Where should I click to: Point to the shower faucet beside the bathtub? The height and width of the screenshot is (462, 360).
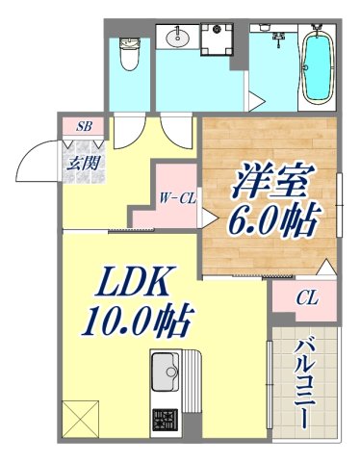(x=281, y=36)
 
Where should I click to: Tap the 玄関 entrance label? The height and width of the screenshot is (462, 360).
(x=82, y=161)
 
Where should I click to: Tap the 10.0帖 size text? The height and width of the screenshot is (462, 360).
(x=136, y=320)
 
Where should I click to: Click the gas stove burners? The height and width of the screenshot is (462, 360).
(x=165, y=420)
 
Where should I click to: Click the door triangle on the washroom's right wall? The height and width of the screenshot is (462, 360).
(x=255, y=100)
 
